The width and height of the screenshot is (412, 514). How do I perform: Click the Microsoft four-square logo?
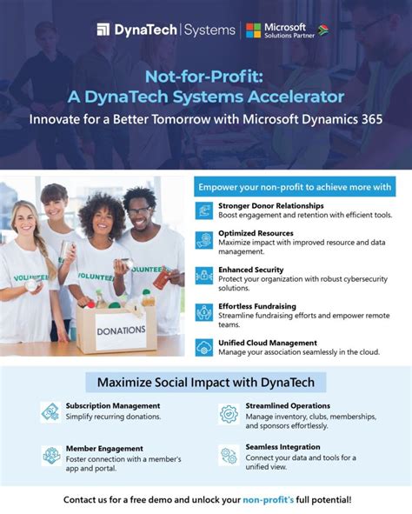click(x=253, y=30)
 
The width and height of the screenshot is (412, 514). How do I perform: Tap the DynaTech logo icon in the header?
click(x=103, y=30)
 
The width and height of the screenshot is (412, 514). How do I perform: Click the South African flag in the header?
click(x=323, y=30)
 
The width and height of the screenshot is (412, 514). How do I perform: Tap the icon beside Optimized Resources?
click(x=203, y=240)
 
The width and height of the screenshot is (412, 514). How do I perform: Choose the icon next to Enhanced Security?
click(x=203, y=277)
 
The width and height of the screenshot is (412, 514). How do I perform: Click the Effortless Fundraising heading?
click(x=257, y=306)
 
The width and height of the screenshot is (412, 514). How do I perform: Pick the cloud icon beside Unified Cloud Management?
click(x=203, y=348)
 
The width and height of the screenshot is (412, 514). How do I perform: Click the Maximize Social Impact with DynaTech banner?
click(x=205, y=382)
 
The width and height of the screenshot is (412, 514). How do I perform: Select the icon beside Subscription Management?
click(x=50, y=411)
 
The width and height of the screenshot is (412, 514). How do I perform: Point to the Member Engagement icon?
click(x=50, y=454)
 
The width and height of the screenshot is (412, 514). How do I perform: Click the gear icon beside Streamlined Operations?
click(x=229, y=414)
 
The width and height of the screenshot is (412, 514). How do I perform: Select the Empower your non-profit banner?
click(x=296, y=187)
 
